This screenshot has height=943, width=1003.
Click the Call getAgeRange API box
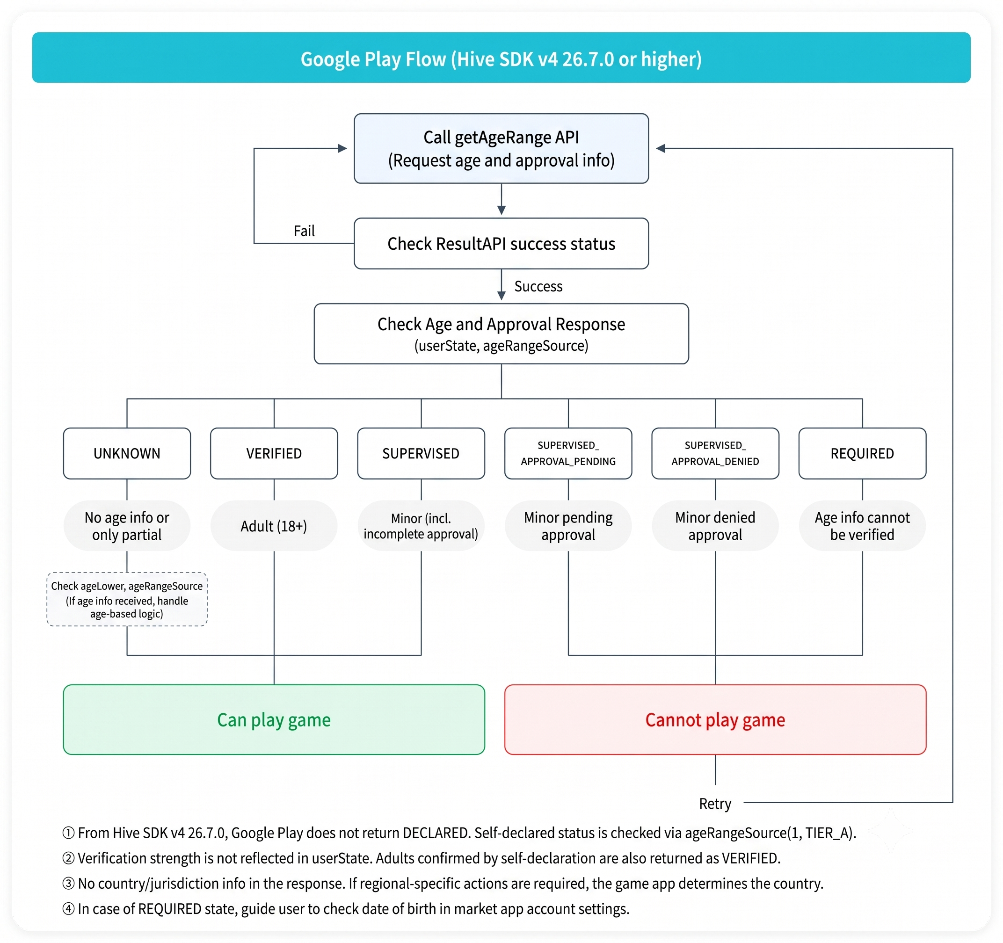coord(501,148)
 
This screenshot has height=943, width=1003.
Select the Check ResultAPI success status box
coord(501,243)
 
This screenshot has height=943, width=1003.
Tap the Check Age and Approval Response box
coord(501,334)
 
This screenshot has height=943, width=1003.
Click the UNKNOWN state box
coord(127,453)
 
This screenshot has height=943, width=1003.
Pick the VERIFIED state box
coord(274,453)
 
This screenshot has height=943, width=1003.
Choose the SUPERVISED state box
coord(421,453)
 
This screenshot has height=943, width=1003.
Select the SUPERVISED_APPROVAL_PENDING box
coord(568,453)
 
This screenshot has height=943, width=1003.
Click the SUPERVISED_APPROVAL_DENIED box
coord(715,453)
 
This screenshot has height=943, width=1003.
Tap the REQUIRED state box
coord(862,453)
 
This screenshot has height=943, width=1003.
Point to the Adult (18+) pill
coord(274,526)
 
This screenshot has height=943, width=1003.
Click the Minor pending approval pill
coord(568,526)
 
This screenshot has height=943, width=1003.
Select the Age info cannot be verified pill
coord(862,526)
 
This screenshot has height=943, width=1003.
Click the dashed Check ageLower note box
coord(127,599)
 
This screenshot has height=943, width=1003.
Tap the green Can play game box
coord(274,719)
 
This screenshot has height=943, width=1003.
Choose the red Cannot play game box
coord(715,719)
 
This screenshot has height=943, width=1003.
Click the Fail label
coord(304,231)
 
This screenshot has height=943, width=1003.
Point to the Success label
coord(538,287)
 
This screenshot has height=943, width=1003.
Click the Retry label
coord(715,804)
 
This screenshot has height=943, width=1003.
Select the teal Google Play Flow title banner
coord(501,58)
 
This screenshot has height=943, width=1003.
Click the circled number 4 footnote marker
coord(69,909)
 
